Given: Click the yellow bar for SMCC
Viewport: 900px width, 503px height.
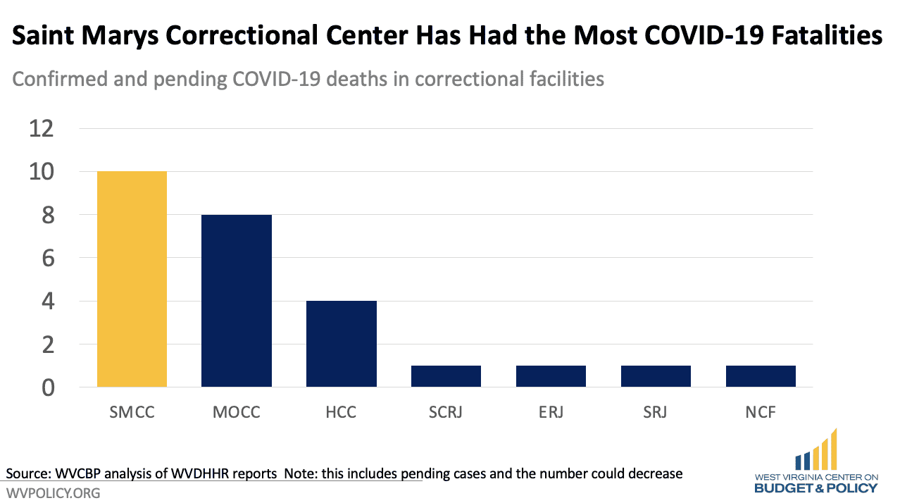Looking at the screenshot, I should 132,279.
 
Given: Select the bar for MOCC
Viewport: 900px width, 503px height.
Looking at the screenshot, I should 237,301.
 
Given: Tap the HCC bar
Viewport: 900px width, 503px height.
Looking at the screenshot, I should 342,344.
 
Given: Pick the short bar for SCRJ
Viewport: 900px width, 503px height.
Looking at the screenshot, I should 446,376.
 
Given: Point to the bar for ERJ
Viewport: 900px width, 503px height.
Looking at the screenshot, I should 551,376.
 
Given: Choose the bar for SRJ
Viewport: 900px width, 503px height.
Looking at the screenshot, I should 656,376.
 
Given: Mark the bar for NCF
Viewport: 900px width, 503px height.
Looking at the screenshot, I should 761,376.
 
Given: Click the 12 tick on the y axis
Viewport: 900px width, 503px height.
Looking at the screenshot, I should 41,129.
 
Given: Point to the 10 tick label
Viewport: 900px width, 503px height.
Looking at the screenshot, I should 41,172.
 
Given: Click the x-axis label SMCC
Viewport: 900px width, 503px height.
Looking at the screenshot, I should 132,412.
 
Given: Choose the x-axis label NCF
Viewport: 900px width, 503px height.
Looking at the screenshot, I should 761,412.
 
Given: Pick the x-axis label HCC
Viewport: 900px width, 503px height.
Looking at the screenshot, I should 342,412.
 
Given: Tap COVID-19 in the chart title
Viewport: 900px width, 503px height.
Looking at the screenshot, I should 658,36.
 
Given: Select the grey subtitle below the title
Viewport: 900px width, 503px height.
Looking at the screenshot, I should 308,79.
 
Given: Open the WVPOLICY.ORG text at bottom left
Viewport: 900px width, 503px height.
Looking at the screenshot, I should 54,493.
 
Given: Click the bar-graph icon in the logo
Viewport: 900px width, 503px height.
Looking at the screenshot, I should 816,451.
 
